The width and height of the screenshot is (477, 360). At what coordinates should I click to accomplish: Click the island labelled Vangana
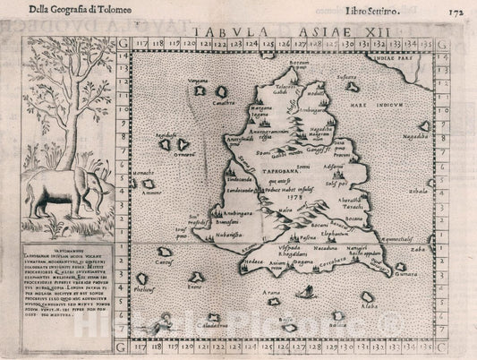(x=199, y=89)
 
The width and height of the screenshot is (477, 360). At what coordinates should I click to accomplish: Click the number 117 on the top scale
(x=141, y=41)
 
